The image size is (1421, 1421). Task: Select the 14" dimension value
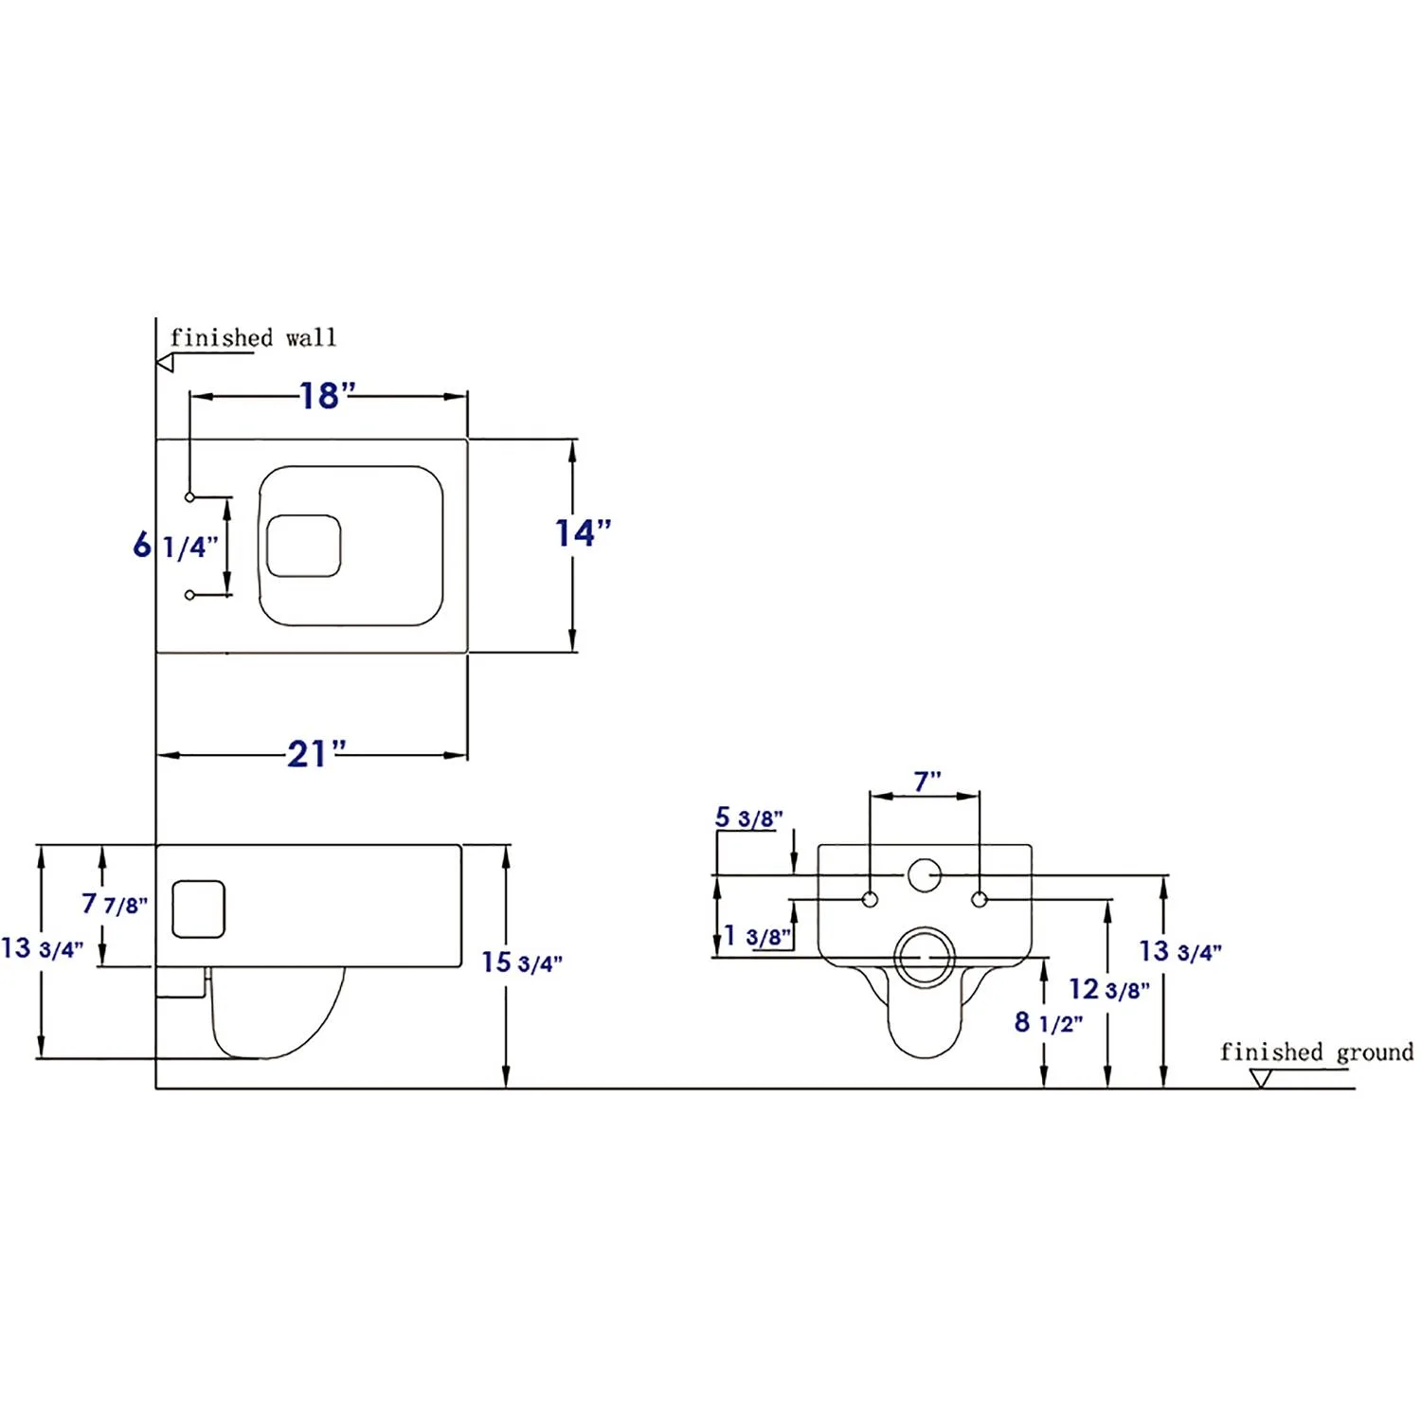click(583, 533)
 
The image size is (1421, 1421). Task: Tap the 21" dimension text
click(316, 754)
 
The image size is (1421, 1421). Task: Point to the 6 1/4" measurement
click(175, 546)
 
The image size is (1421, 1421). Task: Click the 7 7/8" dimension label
click(114, 905)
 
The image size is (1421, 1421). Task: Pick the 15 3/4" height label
click(521, 962)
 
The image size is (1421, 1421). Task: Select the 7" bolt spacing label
click(926, 782)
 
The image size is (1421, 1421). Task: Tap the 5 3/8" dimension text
click(748, 818)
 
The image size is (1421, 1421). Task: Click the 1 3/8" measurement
click(757, 937)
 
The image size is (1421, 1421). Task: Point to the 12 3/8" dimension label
click(1108, 990)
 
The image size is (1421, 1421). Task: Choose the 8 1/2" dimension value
click(1048, 1023)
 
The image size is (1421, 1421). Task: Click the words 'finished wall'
click(253, 338)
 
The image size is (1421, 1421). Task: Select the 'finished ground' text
click(1316, 1052)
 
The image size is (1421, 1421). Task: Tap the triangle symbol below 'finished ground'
click(1260, 1078)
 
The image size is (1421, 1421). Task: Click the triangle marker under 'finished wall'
click(166, 362)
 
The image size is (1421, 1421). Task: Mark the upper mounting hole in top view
click(189, 497)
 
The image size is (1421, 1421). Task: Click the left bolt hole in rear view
click(870, 899)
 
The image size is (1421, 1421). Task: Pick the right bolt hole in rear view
click(980, 899)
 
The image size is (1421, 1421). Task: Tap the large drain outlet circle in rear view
click(925, 957)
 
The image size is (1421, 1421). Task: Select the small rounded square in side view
click(198, 909)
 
